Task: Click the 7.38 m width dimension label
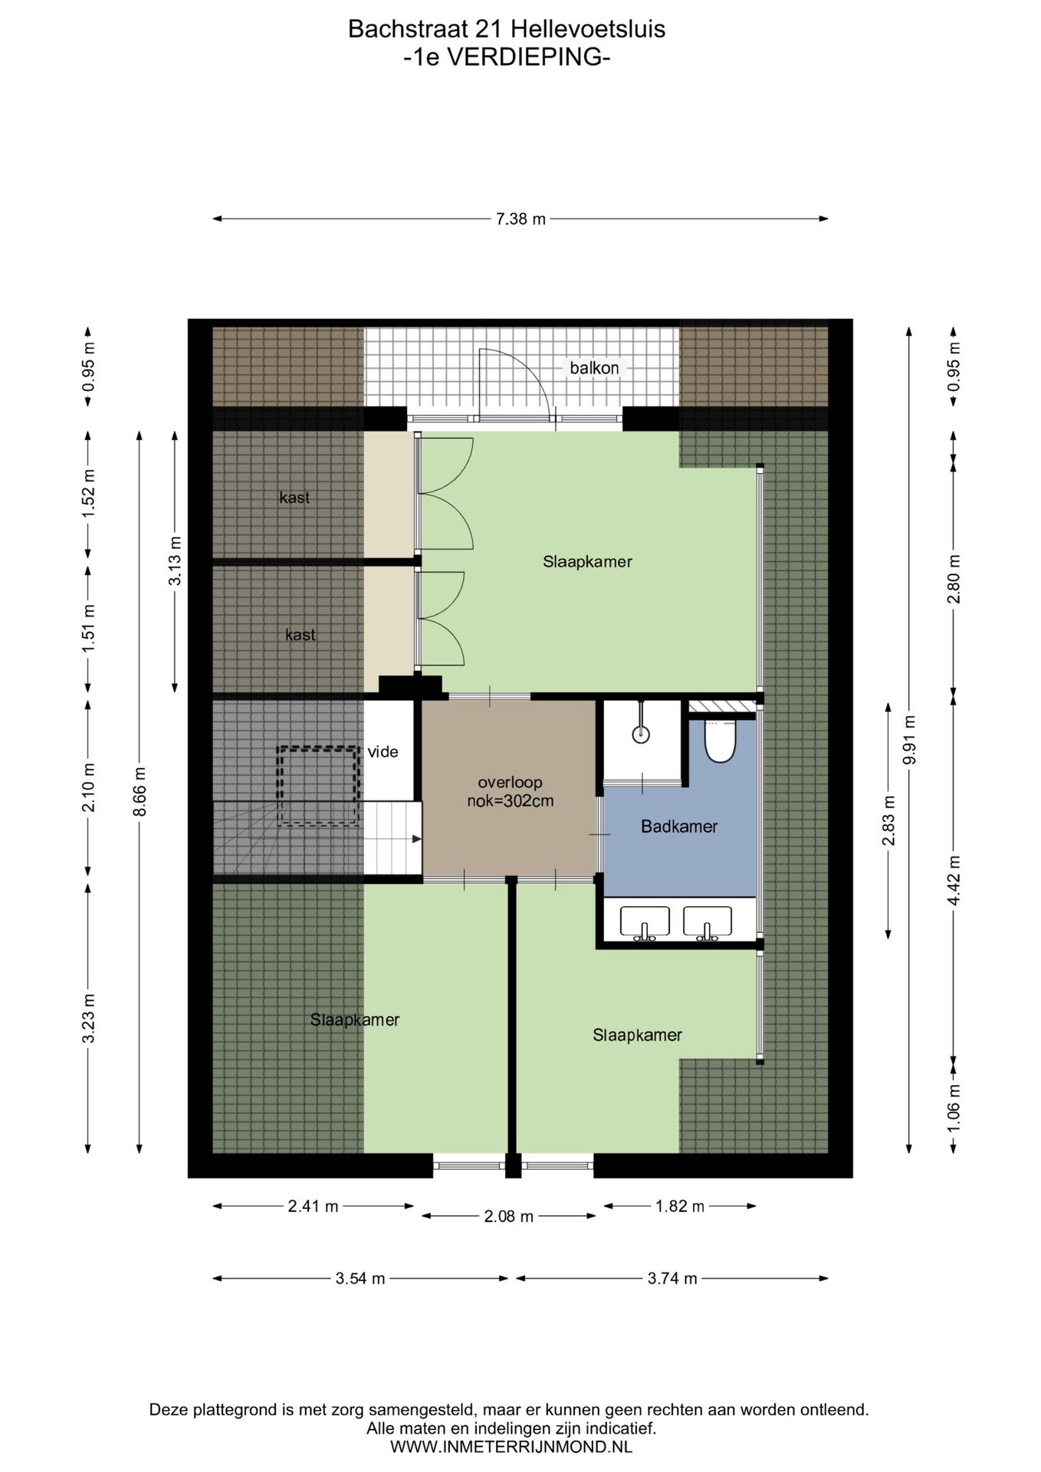pyautogui.click(x=520, y=219)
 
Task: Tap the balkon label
pyautogui.click(x=594, y=368)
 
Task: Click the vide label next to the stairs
pyautogui.click(x=383, y=752)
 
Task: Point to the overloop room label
pyautogui.click(x=510, y=783)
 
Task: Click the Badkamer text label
pyautogui.click(x=679, y=826)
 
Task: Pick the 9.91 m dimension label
pyautogui.click(x=909, y=740)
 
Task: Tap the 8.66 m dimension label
pyautogui.click(x=140, y=792)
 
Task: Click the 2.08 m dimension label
pyautogui.click(x=509, y=1217)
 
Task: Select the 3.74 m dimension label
pyautogui.click(x=672, y=1278)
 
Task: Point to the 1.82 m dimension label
pyautogui.click(x=680, y=1206)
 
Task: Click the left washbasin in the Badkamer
pyautogui.click(x=645, y=923)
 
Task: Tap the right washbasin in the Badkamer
pyautogui.click(x=708, y=923)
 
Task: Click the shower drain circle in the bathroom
pyautogui.click(x=641, y=734)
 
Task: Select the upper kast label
pyautogui.click(x=294, y=498)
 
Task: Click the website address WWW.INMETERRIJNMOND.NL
pyautogui.click(x=511, y=1447)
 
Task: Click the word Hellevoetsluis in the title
pyautogui.click(x=588, y=29)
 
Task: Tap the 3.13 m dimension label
pyautogui.click(x=176, y=561)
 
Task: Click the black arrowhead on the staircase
pyautogui.click(x=416, y=839)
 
